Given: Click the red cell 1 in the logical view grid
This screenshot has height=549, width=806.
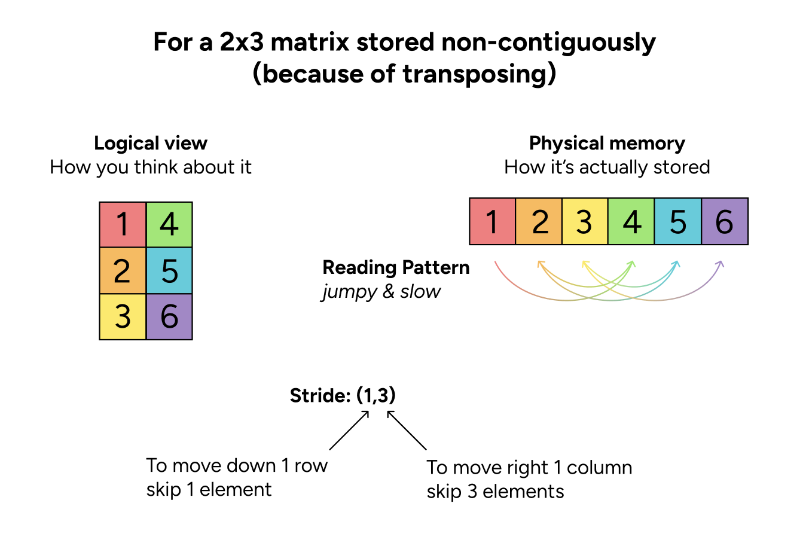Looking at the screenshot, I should pos(123,225).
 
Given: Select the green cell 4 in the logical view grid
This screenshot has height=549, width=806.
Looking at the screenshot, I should pos(169,225).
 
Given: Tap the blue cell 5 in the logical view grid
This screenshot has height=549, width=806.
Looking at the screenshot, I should pos(169,270).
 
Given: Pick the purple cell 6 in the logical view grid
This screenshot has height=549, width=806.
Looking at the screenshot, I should pos(169,316).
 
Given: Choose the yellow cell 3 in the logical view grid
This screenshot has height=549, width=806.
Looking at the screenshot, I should pos(123,316).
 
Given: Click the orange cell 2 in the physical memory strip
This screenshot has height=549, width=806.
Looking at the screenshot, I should pos(539,222).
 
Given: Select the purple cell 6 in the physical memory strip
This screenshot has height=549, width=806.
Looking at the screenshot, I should pos(725,222).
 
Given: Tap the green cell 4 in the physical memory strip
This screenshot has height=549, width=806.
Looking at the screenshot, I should pos(631,222).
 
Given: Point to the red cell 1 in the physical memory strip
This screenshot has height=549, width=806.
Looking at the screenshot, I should pos(492,222).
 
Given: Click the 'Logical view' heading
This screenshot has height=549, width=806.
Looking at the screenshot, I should pos(151,144).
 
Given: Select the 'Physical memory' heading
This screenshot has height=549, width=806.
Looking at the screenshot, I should pos(607,144).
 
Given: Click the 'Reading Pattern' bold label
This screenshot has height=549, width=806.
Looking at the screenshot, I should pos(396,267).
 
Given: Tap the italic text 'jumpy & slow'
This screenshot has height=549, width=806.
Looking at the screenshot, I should pos(381,292).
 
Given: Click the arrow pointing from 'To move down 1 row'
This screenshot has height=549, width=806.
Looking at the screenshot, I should pos(349,430).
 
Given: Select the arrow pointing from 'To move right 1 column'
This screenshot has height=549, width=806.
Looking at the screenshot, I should pos(407,430).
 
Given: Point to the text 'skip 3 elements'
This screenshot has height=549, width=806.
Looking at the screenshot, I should pos(495,492).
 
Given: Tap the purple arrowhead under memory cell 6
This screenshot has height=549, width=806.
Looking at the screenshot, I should pos(720,264).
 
